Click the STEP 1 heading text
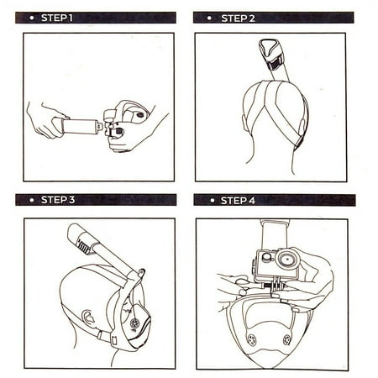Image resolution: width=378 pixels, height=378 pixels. click(57, 18)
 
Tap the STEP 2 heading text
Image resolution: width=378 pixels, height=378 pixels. click(238, 18)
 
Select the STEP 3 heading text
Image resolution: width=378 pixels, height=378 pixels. click(58, 200)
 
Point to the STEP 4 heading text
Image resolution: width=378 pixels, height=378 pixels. click(238, 201)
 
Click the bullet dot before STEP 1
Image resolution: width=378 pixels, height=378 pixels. click(32, 18)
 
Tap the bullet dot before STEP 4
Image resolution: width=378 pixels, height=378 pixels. click(212, 201)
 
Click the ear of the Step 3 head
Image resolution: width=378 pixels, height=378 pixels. click(88, 318)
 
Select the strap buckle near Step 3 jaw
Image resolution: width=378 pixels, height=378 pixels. click(113, 339)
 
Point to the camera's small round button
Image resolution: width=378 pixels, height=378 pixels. click(266, 256)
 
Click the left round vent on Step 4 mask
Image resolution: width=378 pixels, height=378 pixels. click(251, 339)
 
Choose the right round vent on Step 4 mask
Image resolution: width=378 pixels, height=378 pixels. click(286, 339)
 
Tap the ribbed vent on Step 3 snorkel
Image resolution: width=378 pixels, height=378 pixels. click(84, 246)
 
